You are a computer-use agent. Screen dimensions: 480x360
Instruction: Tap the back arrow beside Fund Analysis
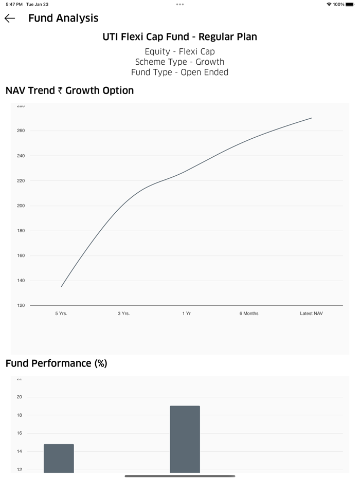tap(10, 19)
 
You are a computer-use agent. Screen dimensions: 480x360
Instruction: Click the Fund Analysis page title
tap(63, 19)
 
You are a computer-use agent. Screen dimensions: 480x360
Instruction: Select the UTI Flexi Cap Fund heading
tap(180, 37)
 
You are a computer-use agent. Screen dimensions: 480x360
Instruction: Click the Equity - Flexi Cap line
tap(180, 51)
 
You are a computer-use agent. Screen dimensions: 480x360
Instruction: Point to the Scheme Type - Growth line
tap(180, 62)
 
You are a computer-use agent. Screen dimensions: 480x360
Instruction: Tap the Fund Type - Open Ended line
tap(180, 72)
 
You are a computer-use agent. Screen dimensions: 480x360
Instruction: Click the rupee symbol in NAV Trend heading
tap(60, 91)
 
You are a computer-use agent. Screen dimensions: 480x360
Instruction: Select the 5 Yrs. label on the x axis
tap(61, 313)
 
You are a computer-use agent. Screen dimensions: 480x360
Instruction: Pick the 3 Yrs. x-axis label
tap(123, 313)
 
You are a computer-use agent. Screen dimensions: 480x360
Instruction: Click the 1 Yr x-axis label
tap(186, 313)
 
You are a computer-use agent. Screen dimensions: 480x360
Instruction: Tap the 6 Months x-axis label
tap(249, 313)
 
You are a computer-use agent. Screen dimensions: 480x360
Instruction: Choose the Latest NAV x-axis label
tap(311, 313)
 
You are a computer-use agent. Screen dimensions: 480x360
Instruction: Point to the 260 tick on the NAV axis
tap(21, 131)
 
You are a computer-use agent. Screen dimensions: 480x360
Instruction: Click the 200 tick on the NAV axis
tap(21, 206)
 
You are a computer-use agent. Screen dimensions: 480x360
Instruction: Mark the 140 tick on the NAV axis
tap(21, 281)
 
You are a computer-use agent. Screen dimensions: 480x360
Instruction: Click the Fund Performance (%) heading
tap(57, 363)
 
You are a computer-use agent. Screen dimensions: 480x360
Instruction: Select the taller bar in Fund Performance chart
tap(185, 439)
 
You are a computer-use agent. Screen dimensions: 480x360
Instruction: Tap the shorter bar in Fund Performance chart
tap(59, 458)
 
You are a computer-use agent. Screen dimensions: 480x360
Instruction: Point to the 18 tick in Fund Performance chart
tap(20, 415)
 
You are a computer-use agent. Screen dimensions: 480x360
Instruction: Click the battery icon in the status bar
tap(350, 4)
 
